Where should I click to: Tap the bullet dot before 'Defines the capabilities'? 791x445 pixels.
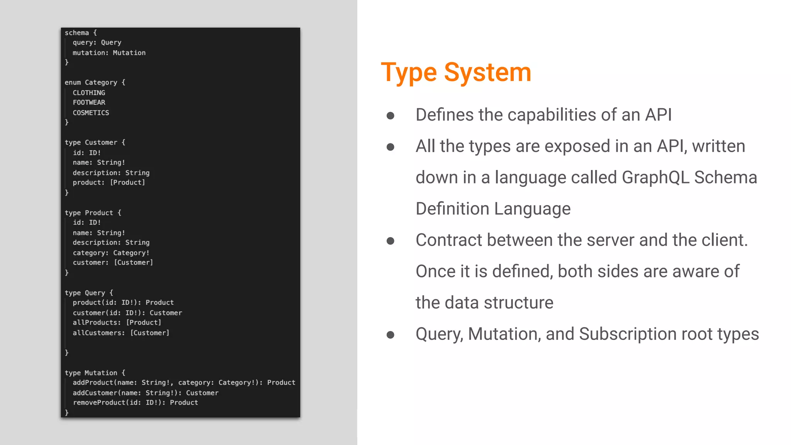pos(390,115)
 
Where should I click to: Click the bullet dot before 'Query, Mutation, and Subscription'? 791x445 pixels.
pos(390,335)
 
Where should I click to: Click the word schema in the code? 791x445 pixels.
pos(77,33)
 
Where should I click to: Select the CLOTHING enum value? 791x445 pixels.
pos(89,93)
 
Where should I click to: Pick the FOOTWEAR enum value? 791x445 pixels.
pos(89,102)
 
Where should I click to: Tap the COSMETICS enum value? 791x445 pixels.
pos(91,113)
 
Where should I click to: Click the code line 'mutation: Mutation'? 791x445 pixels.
pos(109,53)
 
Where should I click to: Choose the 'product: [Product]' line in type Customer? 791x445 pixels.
pos(109,182)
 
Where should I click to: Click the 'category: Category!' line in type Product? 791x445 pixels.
pos(111,253)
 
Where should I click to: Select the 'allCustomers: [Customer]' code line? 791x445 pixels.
pos(121,333)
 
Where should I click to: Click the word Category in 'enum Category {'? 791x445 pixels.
pos(101,82)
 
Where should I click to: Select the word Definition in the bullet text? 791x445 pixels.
pos(452,209)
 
